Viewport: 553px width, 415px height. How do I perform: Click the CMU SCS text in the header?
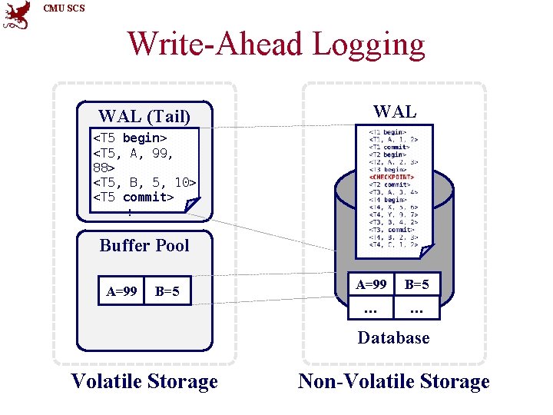(x=65, y=8)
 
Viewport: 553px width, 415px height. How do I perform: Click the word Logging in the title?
(x=368, y=43)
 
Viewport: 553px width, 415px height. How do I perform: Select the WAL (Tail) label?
(x=144, y=117)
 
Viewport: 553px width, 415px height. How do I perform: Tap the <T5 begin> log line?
(x=130, y=138)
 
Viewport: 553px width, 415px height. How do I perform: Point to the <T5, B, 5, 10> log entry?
(x=144, y=182)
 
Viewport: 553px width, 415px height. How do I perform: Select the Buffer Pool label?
(x=144, y=245)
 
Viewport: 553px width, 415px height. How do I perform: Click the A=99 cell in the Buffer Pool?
(x=122, y=291)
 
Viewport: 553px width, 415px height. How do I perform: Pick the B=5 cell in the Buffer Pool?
(x=167, y=291)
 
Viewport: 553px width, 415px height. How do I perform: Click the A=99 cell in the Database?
(x=371, y=284)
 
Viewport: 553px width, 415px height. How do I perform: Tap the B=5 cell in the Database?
(x=417, y=284)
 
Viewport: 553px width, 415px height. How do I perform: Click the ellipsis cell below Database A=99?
(x=371, y=309)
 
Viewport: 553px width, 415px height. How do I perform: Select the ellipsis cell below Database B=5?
(x=417, y=309)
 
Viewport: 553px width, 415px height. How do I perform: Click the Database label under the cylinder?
(x=393, y=338)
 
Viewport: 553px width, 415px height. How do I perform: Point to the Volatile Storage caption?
(x=144, y=381)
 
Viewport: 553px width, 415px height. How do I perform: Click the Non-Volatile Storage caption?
(x=393, y=381)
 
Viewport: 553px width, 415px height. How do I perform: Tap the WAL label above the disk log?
(x=394, y=111)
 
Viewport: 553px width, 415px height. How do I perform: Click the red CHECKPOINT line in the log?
(x=392, y=177)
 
